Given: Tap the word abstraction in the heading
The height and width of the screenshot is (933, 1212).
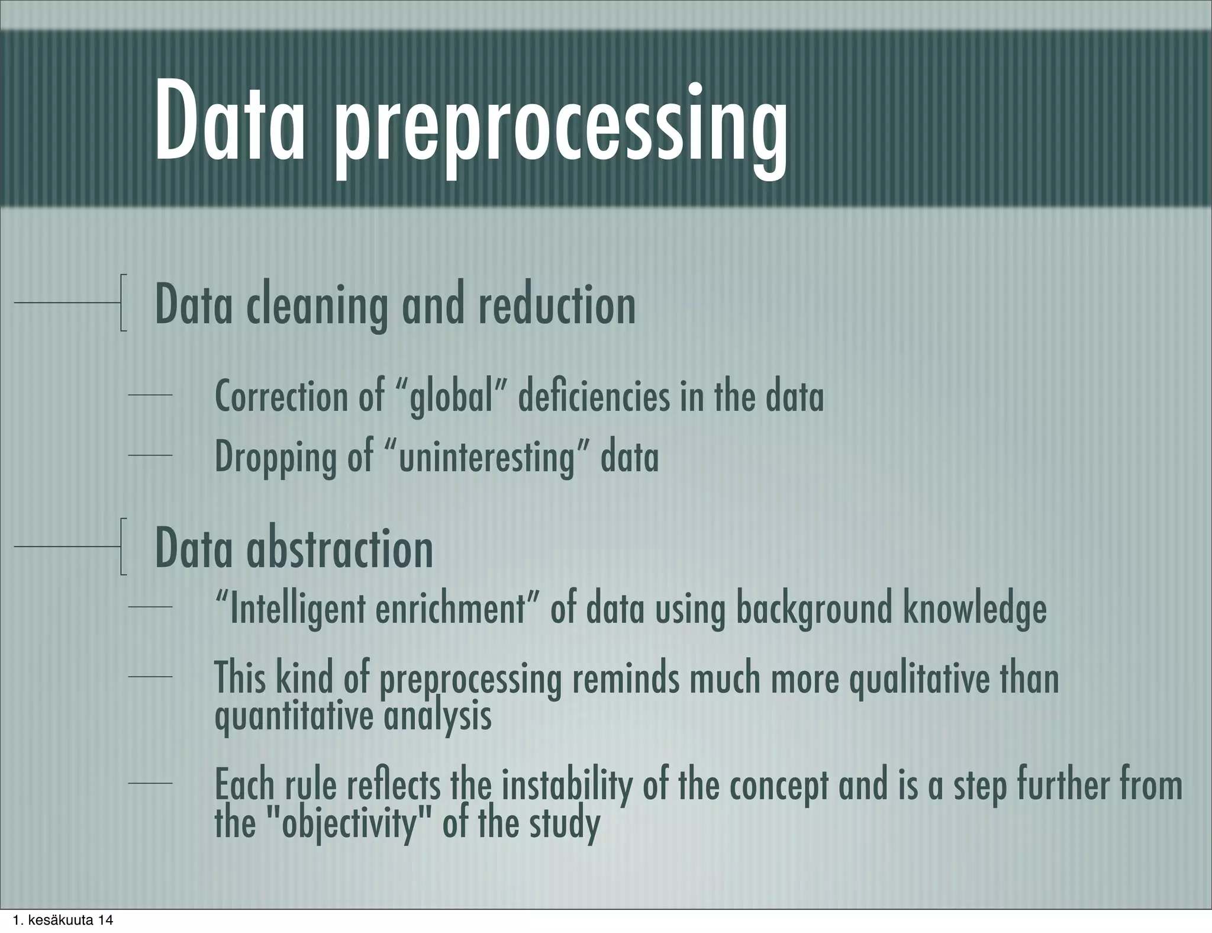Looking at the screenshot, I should (340, 549).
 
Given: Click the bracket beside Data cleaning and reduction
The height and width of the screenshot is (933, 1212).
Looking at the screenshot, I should (123, 303).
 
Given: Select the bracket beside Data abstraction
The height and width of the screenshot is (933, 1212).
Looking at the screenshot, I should (123, 547).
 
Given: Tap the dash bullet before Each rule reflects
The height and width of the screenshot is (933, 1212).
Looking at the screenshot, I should (150, 784).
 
